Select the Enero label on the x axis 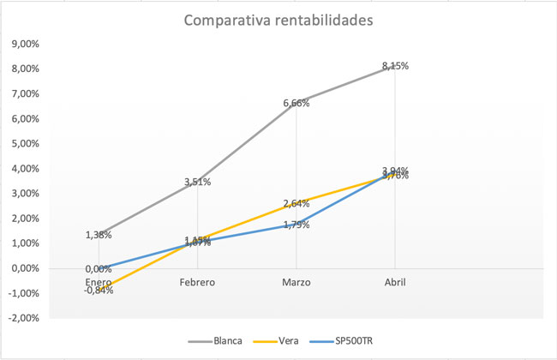coord(99,281)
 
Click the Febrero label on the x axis coord(197,281)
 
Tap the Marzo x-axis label coord(296,281)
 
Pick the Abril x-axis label coord(395,281)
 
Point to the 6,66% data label coord(296,103)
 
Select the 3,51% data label coord(197,182)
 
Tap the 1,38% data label coord(99,235)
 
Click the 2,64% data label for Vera coord(296,203)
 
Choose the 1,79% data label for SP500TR coord(296,225)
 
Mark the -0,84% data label coord(99,291)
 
